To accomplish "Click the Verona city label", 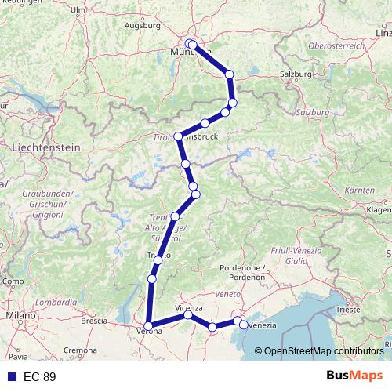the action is [151, 332].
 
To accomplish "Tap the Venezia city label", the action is [263, 325].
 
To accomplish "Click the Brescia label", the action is [94, 320].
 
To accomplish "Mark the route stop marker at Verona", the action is [148, 326].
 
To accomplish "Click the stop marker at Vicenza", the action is [188, 315].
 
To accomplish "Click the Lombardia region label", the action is [56, 301].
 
